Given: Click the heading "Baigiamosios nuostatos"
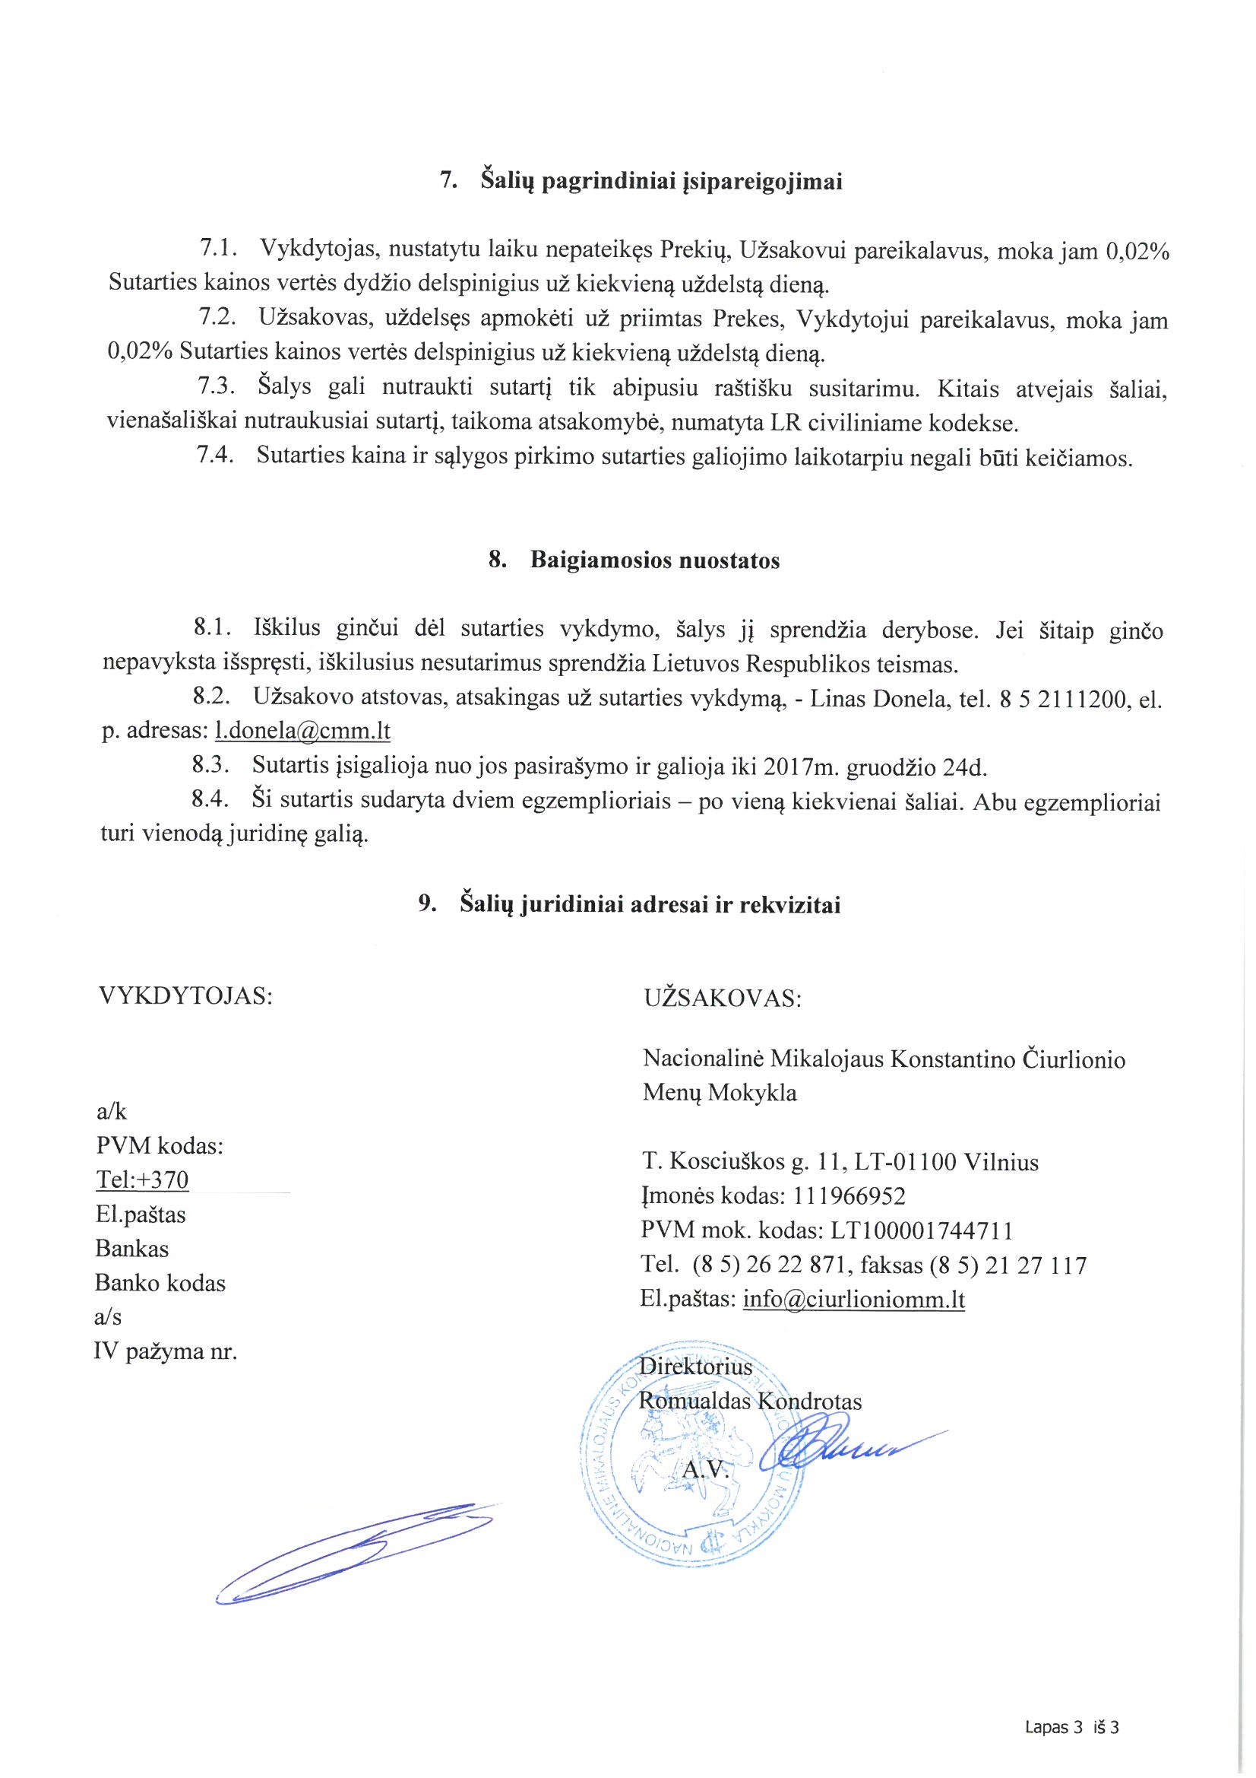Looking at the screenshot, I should coord(655,560).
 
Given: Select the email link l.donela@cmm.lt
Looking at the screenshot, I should coord(302,731).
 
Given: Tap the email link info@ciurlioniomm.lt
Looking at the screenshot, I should coord(853,1299).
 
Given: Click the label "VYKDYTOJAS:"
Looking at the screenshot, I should coord(185,996).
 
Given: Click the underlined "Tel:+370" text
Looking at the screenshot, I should coord(142,1180).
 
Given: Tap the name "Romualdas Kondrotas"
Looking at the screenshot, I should coord(749,1401).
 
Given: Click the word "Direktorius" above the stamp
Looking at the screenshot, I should coord(696,1367).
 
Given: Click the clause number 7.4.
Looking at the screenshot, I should coord(216,456).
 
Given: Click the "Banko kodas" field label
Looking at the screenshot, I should coord(160,1283).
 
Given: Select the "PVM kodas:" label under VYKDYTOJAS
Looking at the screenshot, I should coord(160,1145).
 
